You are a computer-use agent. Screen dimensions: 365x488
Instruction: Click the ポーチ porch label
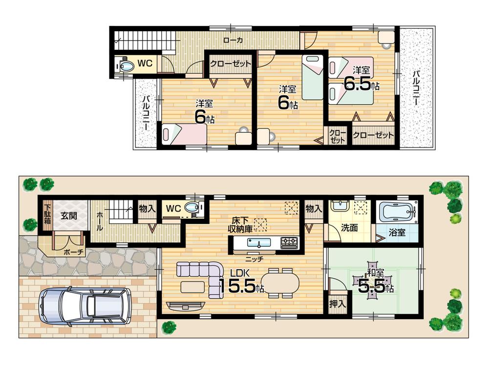[x=74, y=252]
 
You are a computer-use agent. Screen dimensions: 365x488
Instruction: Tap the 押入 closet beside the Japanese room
[x=338, y=302]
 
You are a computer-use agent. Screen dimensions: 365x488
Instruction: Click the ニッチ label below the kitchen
[x=255, y=258]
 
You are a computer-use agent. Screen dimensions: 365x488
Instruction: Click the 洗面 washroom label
[x=349, y=228]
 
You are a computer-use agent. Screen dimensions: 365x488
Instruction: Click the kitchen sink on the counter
[x=256, y=242]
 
